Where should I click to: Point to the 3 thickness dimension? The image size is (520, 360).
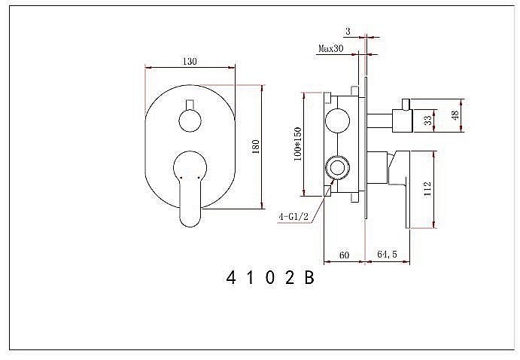point(348,31)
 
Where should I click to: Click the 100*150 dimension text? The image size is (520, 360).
point(298,143)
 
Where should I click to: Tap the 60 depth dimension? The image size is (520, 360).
point(344,256)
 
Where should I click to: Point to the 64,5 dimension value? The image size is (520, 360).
point(388,256)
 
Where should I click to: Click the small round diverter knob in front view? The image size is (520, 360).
point(189,119)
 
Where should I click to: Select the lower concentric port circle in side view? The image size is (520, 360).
point(336,166)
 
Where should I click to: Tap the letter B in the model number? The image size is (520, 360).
point(308,279)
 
